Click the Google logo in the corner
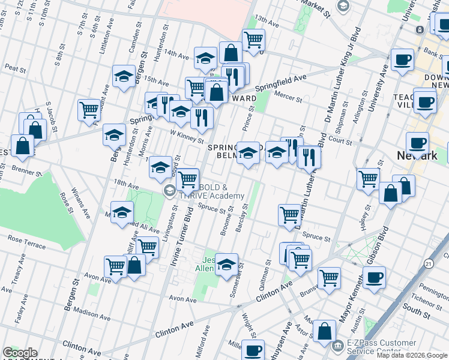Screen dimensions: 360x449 click(20, 353)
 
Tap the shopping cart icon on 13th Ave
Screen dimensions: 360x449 click(254, 40)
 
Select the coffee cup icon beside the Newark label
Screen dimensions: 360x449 click(417, 144)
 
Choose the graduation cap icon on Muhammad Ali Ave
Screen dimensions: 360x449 click(122, 212)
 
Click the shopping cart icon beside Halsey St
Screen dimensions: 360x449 click(368, 178)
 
